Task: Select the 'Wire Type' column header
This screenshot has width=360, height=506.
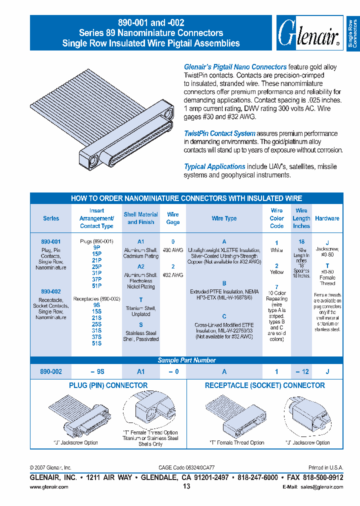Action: click(224, 218)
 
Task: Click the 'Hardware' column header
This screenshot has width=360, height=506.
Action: click(327, 218)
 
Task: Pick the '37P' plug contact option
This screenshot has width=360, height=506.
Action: click(96, 279)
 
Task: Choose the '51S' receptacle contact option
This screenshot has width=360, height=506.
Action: click(96, 343)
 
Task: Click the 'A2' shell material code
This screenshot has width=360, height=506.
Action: click(140, 267)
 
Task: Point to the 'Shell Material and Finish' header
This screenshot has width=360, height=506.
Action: click(140, 218)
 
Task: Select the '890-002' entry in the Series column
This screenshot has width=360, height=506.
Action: click(50, 291)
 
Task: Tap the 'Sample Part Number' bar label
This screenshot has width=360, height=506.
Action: click(186, 360)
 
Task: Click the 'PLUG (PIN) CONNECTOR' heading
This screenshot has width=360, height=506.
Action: click(108, 385)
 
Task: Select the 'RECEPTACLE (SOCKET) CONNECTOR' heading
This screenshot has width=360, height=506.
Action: click(264, 385)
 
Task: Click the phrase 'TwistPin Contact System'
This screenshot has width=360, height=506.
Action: click(219, 133)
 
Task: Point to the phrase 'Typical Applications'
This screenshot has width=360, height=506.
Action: click(214, 166)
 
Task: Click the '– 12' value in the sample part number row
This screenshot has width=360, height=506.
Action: click(301, 371)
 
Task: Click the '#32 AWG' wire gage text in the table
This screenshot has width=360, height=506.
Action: click(173, 275)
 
